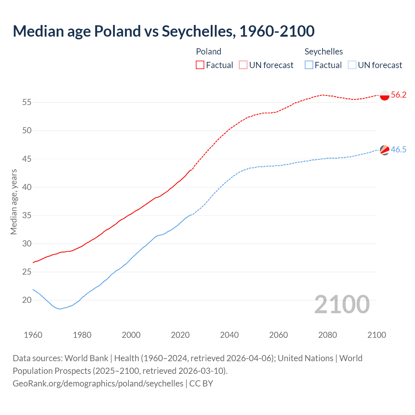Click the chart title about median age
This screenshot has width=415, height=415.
pos(164,31)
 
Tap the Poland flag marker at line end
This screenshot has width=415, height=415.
pos(385,95)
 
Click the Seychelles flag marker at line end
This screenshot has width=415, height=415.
pos(385,150)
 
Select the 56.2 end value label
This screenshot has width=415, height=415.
pos(398,95)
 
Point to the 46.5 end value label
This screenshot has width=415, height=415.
pos(398,150)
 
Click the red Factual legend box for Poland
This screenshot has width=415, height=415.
pos(200,65)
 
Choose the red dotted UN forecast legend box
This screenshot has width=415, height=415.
pos(243,65)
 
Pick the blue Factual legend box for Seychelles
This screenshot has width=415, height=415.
pos(309,65)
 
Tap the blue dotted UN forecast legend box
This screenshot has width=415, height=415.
pos(352,65)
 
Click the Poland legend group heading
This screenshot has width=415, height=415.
pos(208,52)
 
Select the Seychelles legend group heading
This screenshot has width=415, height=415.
pos(324,52)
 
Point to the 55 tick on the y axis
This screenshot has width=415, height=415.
pos(27,102)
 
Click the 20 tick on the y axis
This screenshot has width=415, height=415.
pos(27,300)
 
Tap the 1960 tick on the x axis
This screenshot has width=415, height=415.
pos(33,335)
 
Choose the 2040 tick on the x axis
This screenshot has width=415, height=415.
pos(229,335)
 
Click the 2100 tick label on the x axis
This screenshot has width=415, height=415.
pos(376,335)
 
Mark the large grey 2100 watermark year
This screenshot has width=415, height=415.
pos(342,304)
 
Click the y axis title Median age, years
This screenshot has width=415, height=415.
pos(14,202)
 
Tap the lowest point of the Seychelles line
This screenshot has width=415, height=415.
pos(60,309)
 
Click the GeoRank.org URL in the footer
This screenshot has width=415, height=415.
pos(98,384)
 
